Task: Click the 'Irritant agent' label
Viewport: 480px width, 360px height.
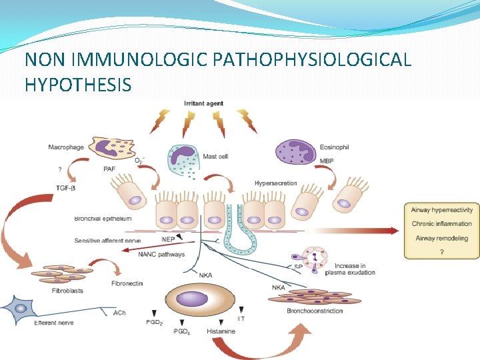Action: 204,103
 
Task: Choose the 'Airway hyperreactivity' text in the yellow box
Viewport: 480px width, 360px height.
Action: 442,209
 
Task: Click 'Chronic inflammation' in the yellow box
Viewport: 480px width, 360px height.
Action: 441,223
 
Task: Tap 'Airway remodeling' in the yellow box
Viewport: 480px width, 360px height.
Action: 441,238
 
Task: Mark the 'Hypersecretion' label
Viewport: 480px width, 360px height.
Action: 275,183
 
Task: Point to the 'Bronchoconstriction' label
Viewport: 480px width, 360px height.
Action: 315,311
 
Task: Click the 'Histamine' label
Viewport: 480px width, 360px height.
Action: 221,331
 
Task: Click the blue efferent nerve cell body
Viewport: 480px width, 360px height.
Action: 21,308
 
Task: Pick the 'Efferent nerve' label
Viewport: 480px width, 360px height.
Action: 54,323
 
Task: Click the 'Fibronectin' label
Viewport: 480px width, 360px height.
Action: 127,284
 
